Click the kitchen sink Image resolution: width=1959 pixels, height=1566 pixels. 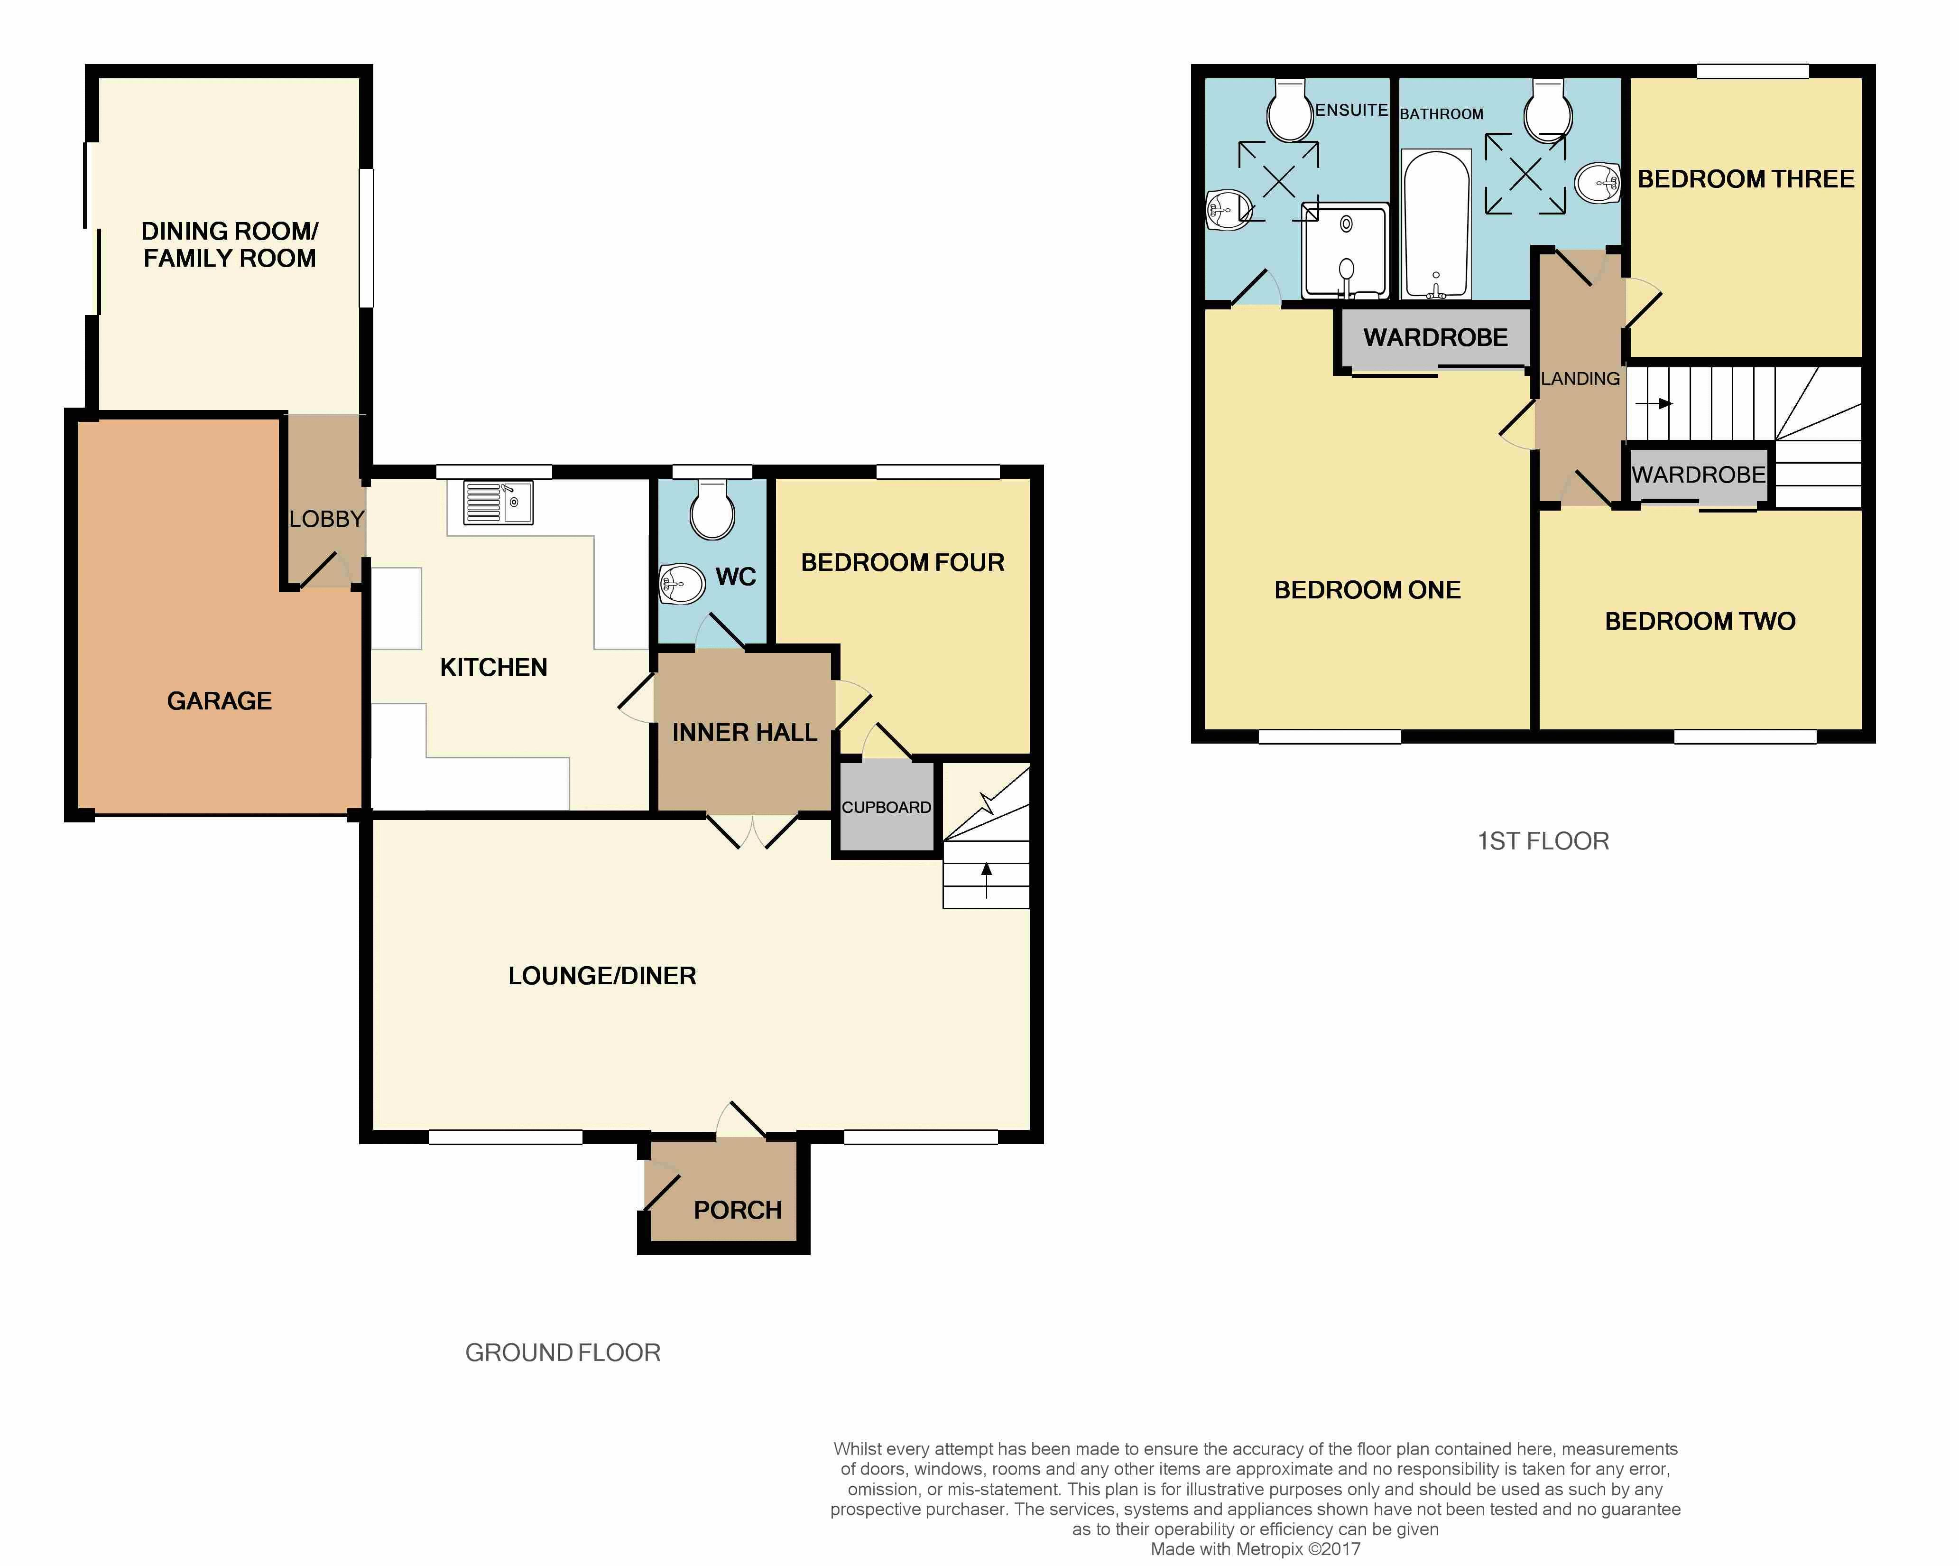click(x=498, y=503)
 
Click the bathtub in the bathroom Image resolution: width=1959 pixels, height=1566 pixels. click(x=1437, y=224)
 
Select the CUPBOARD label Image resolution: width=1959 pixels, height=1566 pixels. click(x=886, y=807)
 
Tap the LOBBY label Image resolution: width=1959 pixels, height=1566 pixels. click(x=327, y=519)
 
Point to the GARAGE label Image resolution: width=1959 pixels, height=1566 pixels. click(x=220, y=701)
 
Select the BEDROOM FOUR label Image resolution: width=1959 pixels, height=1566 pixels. click(x=902, y=563)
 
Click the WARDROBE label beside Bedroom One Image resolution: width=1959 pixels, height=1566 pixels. click(x=1436, y=337)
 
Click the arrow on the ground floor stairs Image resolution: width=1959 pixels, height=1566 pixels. click(x=987, y=880)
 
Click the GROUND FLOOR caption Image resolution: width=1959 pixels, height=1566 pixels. click(x=563, y=1352)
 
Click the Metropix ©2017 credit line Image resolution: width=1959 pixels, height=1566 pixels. click(x=1255, y=1549)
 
